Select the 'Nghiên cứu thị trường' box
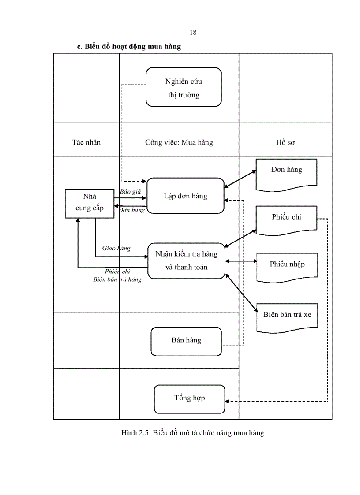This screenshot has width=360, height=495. pos(184,87)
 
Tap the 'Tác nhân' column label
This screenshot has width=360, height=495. pos(86,142)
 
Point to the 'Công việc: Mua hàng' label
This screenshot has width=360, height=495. pos(179,142)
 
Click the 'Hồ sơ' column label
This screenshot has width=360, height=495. pos(285,142)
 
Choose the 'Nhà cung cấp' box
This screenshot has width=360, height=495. pos(90,203)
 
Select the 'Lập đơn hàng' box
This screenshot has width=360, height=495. pos(185,196)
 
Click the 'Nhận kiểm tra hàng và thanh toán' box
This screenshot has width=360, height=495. pos(186,261)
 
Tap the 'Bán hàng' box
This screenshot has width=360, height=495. pos(186,341)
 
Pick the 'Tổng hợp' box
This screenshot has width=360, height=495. pos(189,398)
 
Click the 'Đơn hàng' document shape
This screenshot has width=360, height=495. pos(287,173)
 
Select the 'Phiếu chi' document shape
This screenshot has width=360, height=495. pos(287,219)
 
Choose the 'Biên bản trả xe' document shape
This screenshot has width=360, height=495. pos(287,316)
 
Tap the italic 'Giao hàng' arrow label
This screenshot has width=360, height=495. pos(116,248)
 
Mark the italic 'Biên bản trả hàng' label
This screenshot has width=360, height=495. pos(117,279)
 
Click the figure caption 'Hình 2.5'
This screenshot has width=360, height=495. pos(192,433)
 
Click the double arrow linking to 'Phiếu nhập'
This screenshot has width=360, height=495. pos(241,261)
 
